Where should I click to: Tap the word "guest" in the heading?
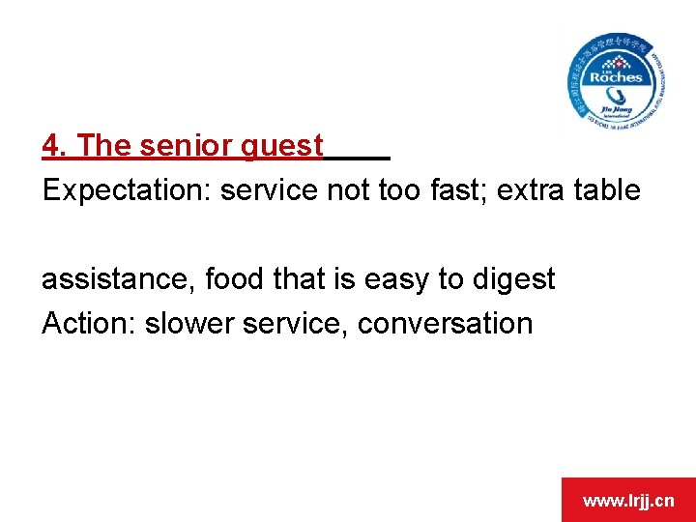click(x=279, y=147)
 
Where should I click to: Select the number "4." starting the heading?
click(x=55, y=146)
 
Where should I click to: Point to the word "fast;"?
click(x=461, y=190)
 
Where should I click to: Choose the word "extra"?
click(x=536, y=190)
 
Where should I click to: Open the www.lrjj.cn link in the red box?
click(x=627, y=501)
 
